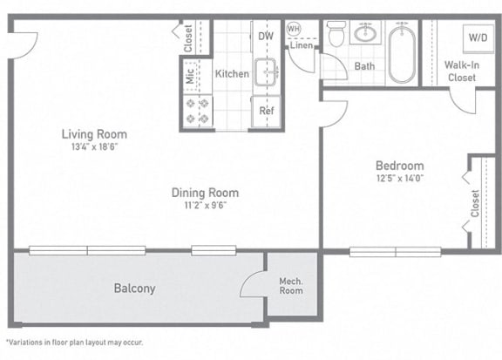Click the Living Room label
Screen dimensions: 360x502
click(x=93, y=134)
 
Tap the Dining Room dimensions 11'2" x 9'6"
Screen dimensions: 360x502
click(x=205, y=207)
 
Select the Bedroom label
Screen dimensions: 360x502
click(x=399, y=166)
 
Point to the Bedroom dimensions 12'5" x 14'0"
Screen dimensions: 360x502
click(x=399, y=179)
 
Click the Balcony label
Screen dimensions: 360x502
click(x=134, y=289)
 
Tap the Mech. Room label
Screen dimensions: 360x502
click(x=290, y=286)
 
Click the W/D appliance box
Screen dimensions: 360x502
click(x=478, y=38)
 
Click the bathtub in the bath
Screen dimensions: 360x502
click(x=403, y=54)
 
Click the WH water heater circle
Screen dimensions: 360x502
click(x=293, y=28)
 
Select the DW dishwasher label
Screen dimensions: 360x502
click(x=266, y=37)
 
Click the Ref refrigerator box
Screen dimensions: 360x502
click(x=266, y=112)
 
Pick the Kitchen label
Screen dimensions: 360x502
click(x=232, y=74)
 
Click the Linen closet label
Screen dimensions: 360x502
click(x=302, y=45)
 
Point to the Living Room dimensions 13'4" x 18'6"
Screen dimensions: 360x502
click(x=93, y=148)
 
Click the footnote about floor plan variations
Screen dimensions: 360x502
click(x=74, y=343)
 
